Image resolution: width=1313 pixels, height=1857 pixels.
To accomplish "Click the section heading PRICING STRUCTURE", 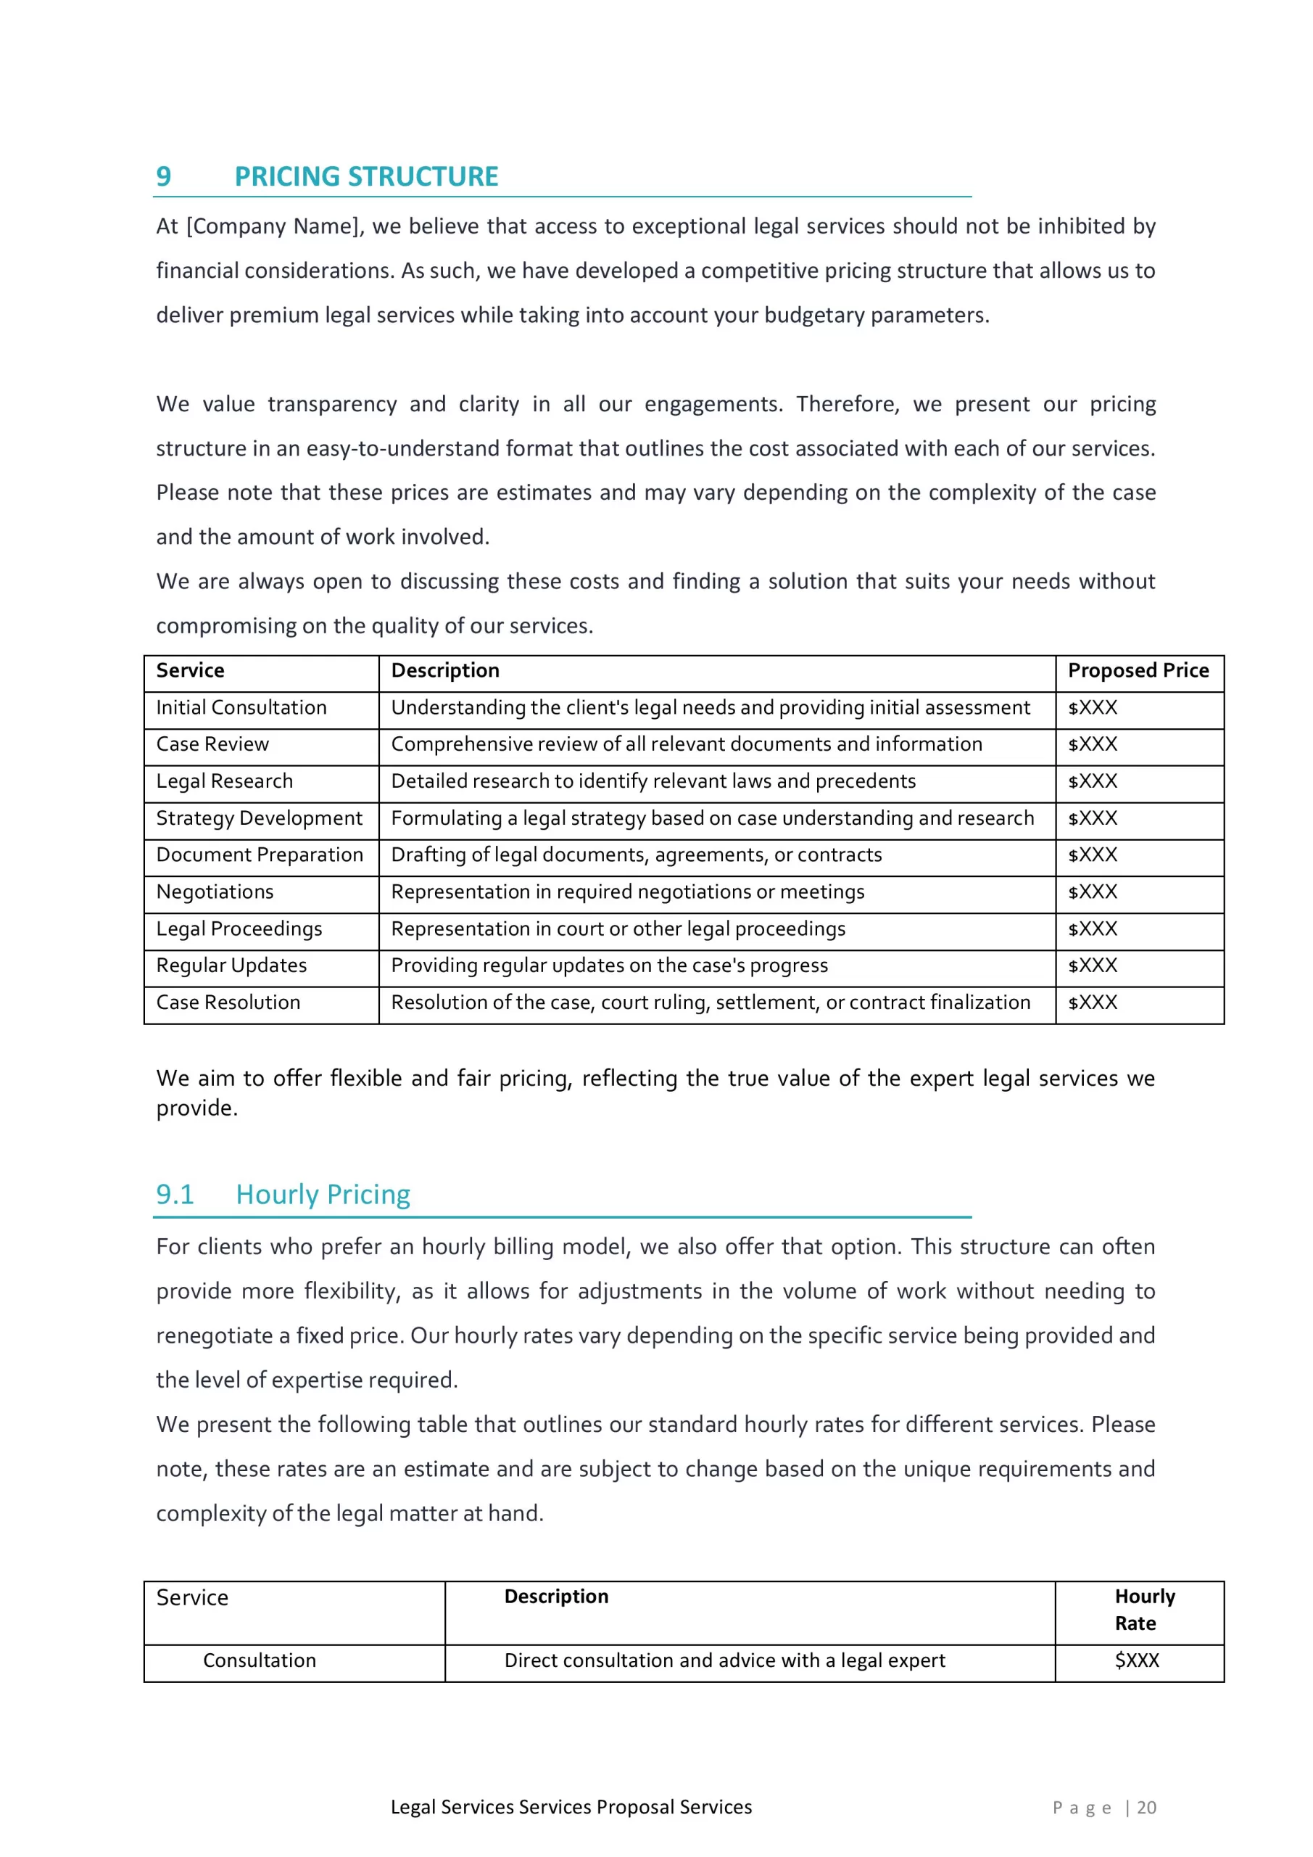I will click(x=366, y=176).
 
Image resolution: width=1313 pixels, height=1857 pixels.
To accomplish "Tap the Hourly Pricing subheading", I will click(x=323, y=1195).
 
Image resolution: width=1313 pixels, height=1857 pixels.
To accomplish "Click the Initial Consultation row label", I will click(x=241, y=708).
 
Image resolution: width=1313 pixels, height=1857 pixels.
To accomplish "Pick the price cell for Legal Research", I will click(x=1093, y=781).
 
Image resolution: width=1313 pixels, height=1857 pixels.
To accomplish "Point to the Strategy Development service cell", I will click(x=259, y=818).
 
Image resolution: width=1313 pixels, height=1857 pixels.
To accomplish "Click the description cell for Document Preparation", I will click(x=637, y=855).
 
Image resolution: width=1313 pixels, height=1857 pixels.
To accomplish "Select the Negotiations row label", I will click(x=215, y=892).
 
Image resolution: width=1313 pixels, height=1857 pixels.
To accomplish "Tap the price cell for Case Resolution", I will click(x=1093, y=1003).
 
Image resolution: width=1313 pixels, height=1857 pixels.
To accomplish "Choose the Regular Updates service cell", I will click(x=231, y=965).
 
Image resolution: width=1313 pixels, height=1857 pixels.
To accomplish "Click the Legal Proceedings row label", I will click(x=239, y=929).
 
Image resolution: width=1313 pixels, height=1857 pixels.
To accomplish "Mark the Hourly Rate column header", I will click(x=1144, y=1610).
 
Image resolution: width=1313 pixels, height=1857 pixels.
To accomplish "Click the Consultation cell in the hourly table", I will click(x=260, y=1660).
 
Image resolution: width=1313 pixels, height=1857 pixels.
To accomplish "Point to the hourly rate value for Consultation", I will click(x=1137, y=1660).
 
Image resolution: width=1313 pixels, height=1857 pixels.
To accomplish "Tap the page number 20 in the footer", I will click(x=1146, y=1808).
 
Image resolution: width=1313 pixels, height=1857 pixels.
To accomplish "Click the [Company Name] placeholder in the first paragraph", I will click(x=272, y=226).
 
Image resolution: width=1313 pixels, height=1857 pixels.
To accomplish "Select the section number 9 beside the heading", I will click(x=163, y=176).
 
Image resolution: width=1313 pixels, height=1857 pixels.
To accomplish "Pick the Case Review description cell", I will click(x=687, y=744).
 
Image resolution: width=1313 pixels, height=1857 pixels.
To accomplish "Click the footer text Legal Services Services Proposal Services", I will click(x=571, y=1808).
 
